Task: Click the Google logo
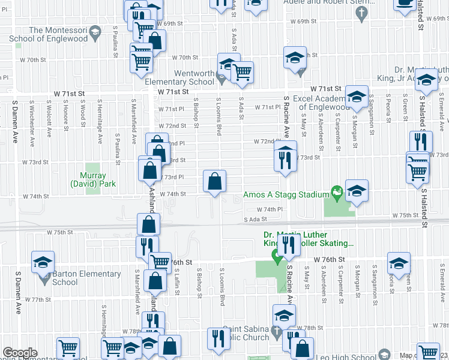19,353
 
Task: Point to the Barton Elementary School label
86,278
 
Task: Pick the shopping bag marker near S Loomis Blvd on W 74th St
215,181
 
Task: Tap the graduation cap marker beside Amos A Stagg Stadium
357,191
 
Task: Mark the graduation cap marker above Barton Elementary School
43,263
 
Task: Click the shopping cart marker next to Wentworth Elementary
242,72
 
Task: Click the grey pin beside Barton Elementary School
44,278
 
